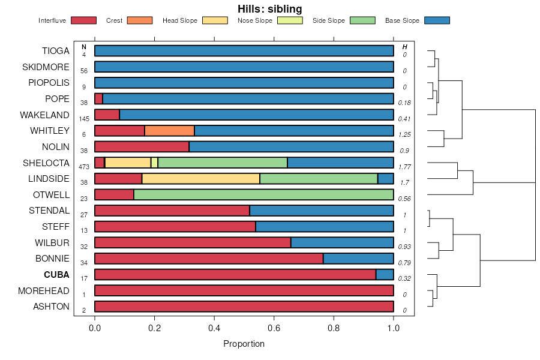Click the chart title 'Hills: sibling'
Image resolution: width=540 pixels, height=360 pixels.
pos(270,9)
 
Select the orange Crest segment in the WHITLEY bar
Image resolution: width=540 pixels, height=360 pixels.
pos(169,131)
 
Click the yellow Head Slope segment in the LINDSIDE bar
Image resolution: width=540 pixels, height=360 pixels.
pos(200,179)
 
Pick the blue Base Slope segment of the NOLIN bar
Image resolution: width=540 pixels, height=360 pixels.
pos(291,146)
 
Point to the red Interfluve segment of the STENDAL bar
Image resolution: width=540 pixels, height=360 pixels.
pos(172,211)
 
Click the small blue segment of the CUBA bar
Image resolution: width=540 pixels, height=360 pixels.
pos(385,275)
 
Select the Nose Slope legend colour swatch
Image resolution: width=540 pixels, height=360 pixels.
pos(291,20)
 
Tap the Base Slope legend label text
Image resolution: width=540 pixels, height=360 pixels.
pos(402,20)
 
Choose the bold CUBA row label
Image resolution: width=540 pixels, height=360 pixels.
pos(56,275)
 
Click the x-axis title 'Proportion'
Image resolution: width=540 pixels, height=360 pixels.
pos(244,344)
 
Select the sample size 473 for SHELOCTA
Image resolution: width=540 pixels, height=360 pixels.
pos(84,167)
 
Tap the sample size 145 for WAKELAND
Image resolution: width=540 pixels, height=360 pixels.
pos(84,119)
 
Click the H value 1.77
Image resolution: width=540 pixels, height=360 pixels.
pos(404,167)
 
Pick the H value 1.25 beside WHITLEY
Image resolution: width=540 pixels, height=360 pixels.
pos(404,135)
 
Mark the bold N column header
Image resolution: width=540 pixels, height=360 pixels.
pos(84,47)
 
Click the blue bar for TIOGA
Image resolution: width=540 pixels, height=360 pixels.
pos(244,51)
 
